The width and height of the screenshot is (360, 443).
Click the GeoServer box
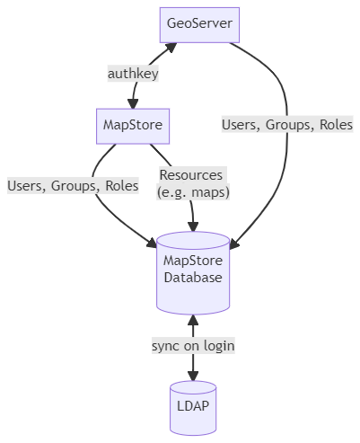[x=199, y=25]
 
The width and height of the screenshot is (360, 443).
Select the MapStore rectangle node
[x=133, y=127]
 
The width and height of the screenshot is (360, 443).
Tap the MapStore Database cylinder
[x=193, y=273]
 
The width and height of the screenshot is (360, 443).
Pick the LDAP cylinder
[x=193, y=408]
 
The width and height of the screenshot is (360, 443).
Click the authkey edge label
[x=133, y=74]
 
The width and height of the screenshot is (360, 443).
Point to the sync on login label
[x=193, y=346]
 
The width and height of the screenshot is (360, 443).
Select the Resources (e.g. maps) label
[x=193, y=183]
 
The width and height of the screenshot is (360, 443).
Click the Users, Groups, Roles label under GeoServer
[x=287, y=125]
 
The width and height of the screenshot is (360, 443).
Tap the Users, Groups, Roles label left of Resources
[x=73, y=186]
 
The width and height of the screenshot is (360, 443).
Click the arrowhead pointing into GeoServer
[x=171, y=48]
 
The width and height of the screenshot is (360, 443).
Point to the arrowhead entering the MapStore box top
[x=133, y=103]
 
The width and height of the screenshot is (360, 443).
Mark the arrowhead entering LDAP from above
[x=193, y=376]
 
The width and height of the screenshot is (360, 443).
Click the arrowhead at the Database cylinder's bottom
[x=193, y=320]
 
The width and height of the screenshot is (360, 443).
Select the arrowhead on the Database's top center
[x=193, y=226]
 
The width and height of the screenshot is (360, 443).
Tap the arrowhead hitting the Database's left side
[x=152, y=242]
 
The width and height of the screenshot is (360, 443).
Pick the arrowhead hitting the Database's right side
[x=234, y=244]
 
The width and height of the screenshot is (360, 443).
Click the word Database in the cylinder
[x=193, y=278]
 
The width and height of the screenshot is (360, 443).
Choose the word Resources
[x=191, y=175]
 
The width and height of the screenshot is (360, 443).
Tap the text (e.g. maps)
[x=193, y=192]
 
